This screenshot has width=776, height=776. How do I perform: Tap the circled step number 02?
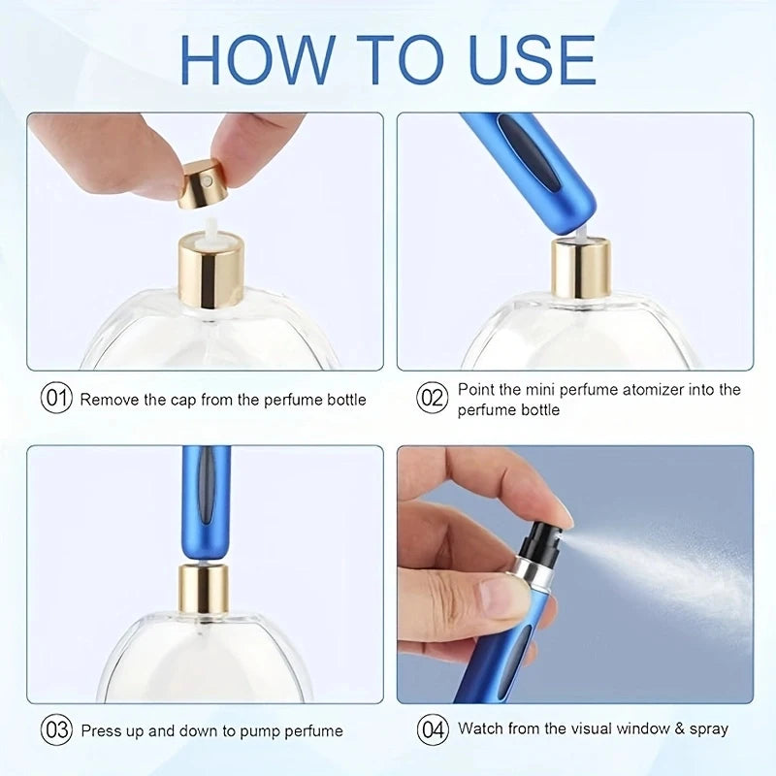tap(432, 399)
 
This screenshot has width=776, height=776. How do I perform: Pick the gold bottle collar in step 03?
tap(204, 588)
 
